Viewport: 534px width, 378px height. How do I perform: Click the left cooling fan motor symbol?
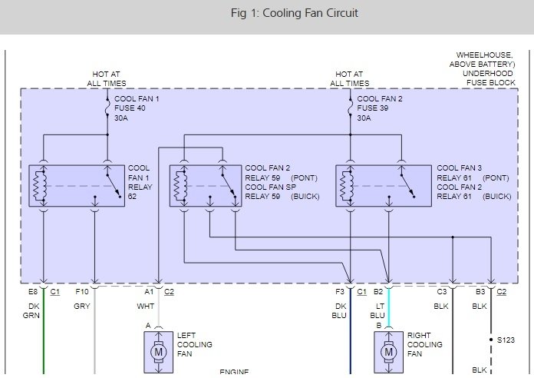click(x=159, y=352)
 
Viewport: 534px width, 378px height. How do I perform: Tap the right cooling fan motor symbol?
click(x=389, y=352)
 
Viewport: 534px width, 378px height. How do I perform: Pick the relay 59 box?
click(x=203, y=185)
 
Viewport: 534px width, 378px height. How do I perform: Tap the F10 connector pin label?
click(x=82, y=292)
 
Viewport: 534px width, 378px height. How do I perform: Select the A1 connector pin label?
click(x=149, y=292)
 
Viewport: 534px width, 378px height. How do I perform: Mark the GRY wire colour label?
click(x=82, y=305)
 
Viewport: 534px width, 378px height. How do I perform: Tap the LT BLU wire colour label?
click(x=378, y=310)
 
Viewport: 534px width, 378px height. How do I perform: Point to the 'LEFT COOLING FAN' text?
click(x=195, y=344)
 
